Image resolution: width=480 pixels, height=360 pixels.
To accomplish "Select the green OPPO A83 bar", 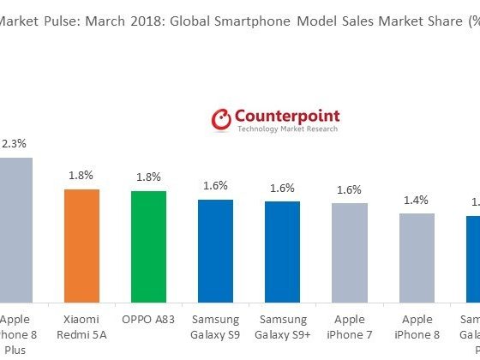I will click(x=148, y=243).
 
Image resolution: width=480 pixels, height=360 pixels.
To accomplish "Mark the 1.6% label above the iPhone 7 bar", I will click(x=349, y=190).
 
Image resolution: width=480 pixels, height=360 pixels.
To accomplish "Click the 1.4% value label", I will click(x=416, y=200).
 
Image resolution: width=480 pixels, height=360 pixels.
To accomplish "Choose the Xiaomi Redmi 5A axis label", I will click(x=83, y=326).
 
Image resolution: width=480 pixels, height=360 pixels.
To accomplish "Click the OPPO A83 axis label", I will click(x=148, y=318).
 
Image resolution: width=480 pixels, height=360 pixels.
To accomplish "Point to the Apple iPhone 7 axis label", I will click(x=349, y=326).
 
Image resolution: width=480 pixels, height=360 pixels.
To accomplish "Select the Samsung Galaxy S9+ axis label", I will click(x=282, y=326).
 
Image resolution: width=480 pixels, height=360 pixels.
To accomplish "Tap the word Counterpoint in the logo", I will click(x=286, y=116).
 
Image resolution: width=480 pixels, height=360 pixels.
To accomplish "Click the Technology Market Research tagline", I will click(x=286, y=129).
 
